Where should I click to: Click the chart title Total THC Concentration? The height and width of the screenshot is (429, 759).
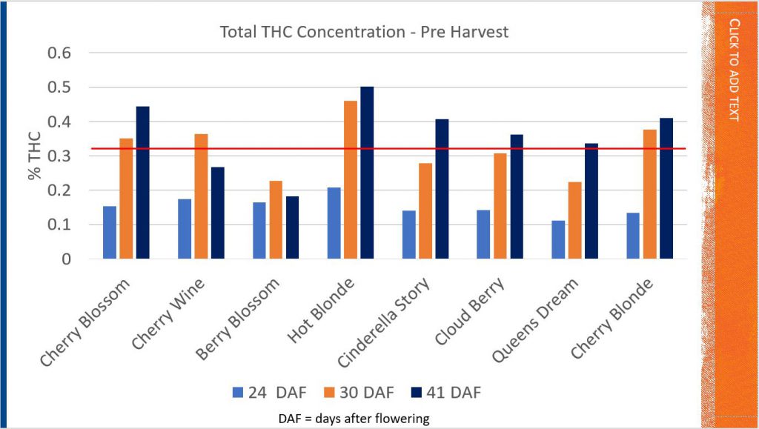pyautogui.click(x=363, y=33)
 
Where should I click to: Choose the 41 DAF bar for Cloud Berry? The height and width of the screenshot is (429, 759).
pyautogui.click(x=517, y=197)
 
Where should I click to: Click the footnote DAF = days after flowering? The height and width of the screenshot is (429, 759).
pyautogui.click(x=363, y=419)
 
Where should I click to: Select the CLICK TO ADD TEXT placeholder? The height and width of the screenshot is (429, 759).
pyautogui.click(x=734, y=70)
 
